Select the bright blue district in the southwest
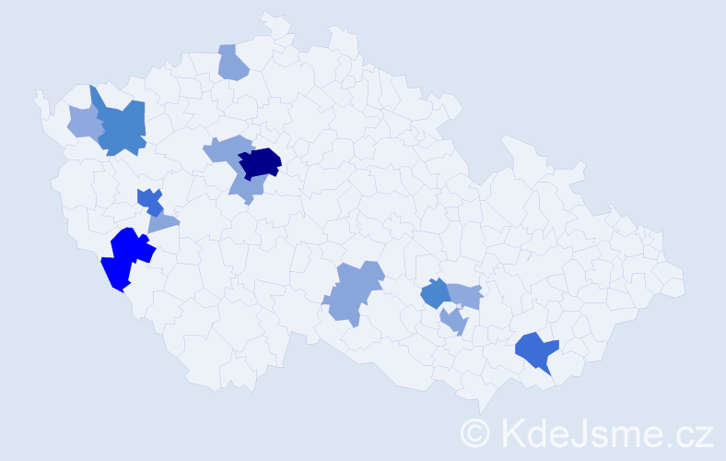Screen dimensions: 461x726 [x=126, y=258]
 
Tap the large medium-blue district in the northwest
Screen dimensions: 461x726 [x=121, y=127]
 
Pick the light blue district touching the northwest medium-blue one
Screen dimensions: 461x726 [x=84, y=122]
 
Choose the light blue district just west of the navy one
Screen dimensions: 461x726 [x=225, y=149]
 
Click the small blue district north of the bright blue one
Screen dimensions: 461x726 [x=149, y=200]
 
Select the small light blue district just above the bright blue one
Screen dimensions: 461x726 [x=163, y=222]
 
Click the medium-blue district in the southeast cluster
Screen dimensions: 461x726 [x=434, y=294]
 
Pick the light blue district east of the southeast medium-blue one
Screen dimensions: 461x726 [x=466, y=295]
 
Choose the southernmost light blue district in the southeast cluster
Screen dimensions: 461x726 [x=454, y=322]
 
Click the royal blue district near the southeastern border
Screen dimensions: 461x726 [x=536, y=351]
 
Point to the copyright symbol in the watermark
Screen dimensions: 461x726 [x=474, y=432]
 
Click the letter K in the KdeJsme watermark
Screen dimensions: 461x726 [x=513, y=432]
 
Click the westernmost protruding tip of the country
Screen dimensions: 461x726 [x=37, y=95]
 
